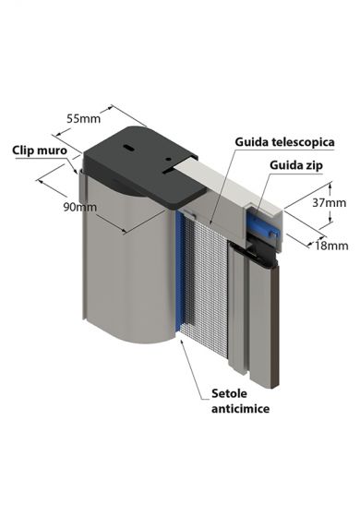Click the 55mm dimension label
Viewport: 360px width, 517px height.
click(x=83, y=118)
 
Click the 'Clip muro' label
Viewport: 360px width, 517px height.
click(x=37, y=148)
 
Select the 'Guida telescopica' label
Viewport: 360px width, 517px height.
click(x=284, y=142)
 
